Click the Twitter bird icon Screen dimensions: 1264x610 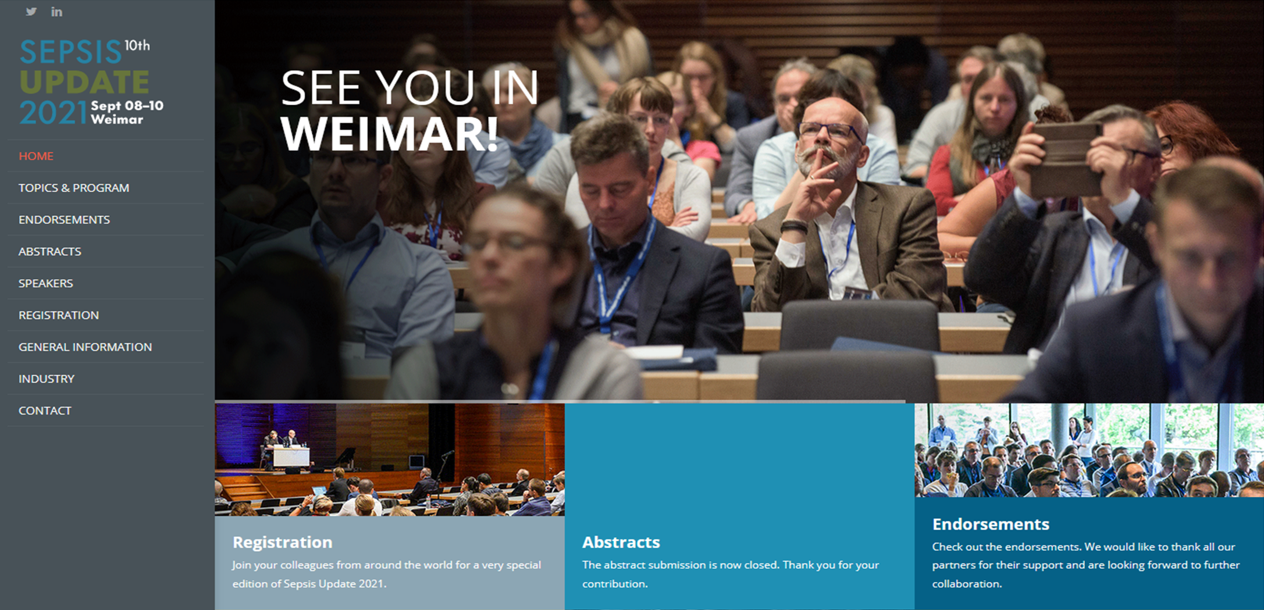pyautogui.click(x=31, y=12)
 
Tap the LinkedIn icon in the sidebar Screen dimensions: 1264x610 pyautogui.click(x=56, y=12)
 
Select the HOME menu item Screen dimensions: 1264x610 pyautogui.click(x=36, y=156)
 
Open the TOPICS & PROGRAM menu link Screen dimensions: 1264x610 pyautogui.click(x=74, y=188)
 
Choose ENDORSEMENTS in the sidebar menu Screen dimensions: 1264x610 pyautogui.click(x=64, y=220)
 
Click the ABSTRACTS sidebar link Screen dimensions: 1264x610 pyautogui.click(x=50, y=251)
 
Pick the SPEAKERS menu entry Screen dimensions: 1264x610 pyautogui.click(x=46, y=283)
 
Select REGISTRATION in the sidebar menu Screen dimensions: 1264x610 pyautogui.click(x=59, y=315)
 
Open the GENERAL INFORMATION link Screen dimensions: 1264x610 pyautogui.click(x=86, y=347)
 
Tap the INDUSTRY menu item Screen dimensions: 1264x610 pyautogui.click(x=47, y=379)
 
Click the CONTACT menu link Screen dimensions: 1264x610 pyautogui.click(x=45, y=411)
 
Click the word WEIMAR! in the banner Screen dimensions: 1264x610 pyautogui.click(x=390, y=134)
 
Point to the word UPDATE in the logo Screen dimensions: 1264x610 pyautogui.click(x=85, y=81)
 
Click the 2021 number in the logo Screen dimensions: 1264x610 pyautogui.click(x=53, y=113)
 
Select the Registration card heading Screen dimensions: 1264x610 pyautogui.click(x=283, y=543)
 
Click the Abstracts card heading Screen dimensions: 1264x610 pyautogui.click(x=621, y=543)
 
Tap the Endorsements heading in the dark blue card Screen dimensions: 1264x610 pyautogui.click(x=991, y=525)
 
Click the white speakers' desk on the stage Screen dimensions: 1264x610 pyautogui.click(x=291, y=456)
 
